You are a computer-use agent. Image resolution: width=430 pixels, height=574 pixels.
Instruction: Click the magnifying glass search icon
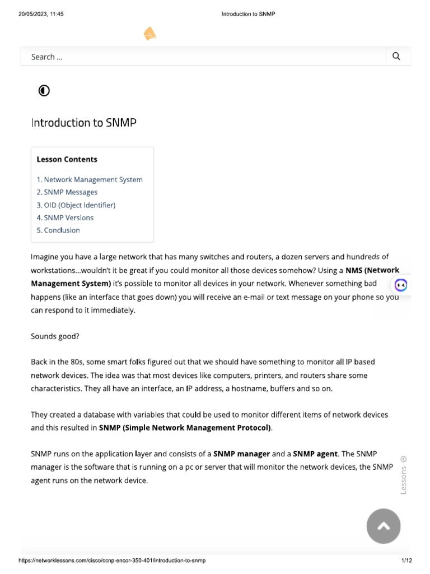[396, 56]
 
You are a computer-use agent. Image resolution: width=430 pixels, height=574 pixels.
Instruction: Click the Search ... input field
[202, 57]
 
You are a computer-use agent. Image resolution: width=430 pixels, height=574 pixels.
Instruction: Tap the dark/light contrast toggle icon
[44, 90]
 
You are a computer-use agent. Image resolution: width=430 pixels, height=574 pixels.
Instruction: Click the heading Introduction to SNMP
[83, 122]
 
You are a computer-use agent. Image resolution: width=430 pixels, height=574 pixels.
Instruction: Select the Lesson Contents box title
[67, 159]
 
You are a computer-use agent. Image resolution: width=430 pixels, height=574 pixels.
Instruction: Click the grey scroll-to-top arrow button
[384, 526]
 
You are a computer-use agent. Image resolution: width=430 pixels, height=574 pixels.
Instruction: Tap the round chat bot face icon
[401, 285]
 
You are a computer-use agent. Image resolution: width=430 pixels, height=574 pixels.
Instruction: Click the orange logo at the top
[149, 34]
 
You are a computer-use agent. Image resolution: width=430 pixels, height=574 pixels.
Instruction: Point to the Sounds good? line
[55, 336]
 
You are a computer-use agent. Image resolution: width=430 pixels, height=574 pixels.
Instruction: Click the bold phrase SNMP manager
[242, 454]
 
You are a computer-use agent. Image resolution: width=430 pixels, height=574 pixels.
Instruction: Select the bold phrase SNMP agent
[315, 454]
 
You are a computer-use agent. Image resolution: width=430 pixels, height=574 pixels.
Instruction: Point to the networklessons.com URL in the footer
[112, 561]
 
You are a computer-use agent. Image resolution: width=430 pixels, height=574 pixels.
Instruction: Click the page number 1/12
[406, 561]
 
